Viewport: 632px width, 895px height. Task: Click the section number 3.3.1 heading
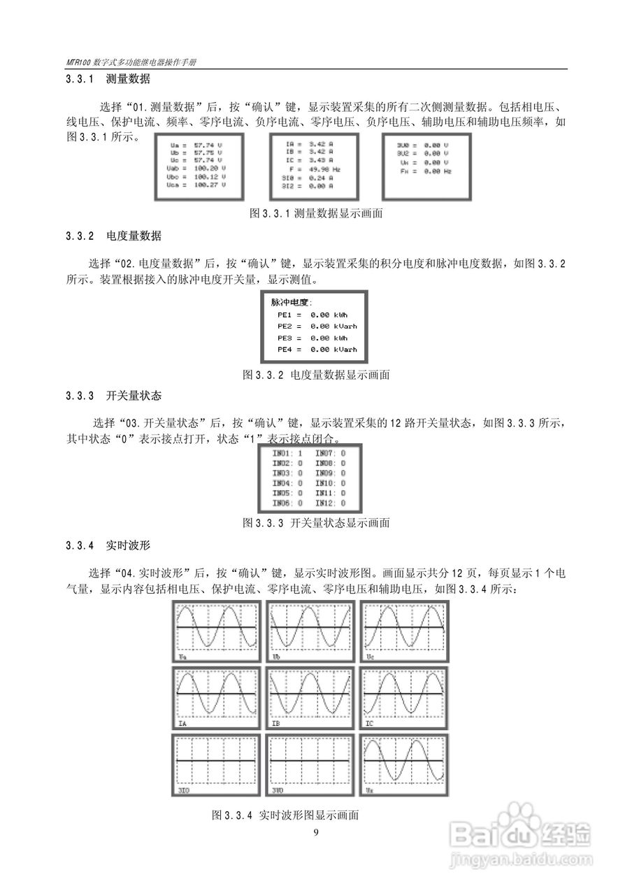(x=80, y=80)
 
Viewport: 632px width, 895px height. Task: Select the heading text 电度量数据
(x=134, y=236)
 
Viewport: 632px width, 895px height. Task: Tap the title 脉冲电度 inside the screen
(x=292, y=303)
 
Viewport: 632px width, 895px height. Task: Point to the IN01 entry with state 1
(x=287, y=453)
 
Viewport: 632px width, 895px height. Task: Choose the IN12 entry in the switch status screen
(x=330, y=503)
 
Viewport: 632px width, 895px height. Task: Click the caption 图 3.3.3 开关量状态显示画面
(x=316, y=522)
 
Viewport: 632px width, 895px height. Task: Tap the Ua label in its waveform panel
(x=182, y=658)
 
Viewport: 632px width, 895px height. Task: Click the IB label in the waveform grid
(x=276, y=724)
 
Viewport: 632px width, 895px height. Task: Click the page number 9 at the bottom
(x=316, y=831)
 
